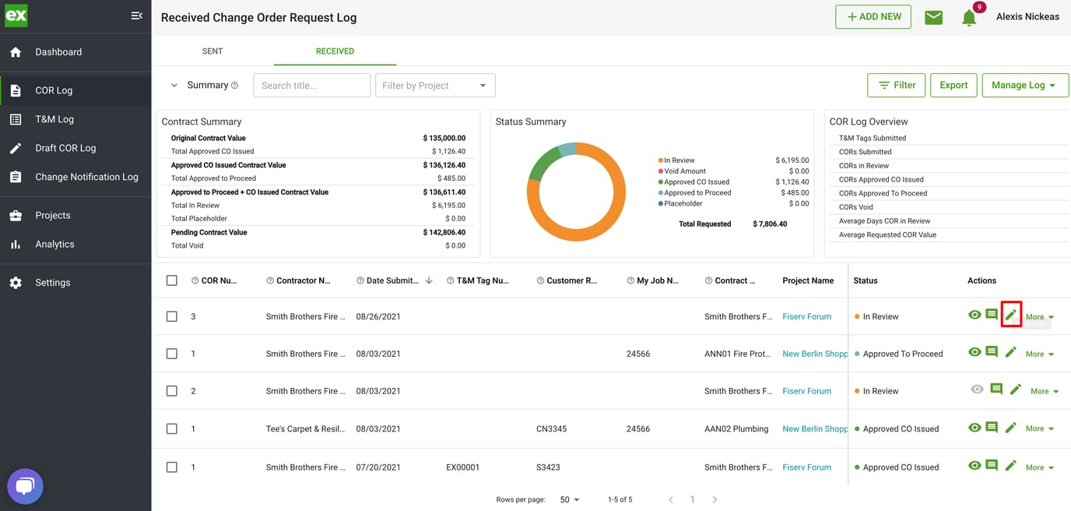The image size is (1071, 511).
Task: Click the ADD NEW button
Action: point(873,17)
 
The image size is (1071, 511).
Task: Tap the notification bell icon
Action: point(969,18)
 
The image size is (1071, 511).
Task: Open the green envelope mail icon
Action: point(933,17)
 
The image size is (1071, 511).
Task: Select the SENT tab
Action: point(212,51)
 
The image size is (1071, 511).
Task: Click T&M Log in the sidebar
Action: point(54,119)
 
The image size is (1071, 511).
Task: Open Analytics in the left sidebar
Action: point(54,244)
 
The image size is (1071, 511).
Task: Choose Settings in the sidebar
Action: point(52,283)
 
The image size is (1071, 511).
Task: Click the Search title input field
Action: point(311,86)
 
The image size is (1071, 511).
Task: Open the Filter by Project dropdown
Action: point(434,86)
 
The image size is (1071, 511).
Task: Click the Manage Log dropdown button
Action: point(1024,86)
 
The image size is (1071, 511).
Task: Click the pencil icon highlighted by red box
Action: point(1010,315)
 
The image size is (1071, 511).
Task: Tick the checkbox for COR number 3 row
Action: point(172,317)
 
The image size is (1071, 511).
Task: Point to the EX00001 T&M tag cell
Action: point(462,467)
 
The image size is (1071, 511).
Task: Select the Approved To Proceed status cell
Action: point(902,354)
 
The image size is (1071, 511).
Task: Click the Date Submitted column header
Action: point(392,280)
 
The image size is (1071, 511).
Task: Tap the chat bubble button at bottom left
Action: point(25,487)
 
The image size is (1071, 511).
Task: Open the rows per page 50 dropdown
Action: point(570,499)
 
